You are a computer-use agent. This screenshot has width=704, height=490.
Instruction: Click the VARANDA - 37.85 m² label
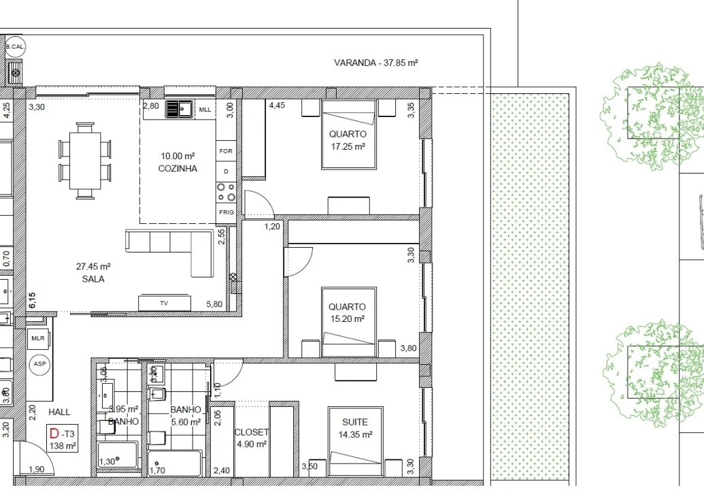(x=375, y=63)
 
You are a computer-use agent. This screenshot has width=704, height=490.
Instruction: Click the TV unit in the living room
(x=164, y=304)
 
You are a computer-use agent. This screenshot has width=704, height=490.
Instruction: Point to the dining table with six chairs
(x=85, y=161)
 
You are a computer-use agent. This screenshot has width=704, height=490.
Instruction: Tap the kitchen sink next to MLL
(x=180, y=109)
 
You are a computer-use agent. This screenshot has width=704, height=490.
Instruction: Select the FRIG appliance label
(x=227, y=212)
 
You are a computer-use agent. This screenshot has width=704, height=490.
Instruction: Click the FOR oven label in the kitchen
(x=226, y=151)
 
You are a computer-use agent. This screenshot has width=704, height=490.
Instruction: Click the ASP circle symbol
(x=39, y=364)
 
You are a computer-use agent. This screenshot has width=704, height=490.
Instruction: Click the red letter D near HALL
(x=54, y=433)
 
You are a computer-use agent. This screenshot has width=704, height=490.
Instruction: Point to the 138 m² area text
(x=63, y=446)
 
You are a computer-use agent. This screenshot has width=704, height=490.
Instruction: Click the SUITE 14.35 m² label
(x=356, y=427)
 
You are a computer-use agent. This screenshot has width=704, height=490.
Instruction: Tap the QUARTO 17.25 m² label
(x=348, y=140)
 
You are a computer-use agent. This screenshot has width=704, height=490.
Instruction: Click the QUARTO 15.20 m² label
(x=347, y=312)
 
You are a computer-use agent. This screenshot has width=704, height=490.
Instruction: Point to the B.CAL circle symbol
(x=15, y=46)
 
